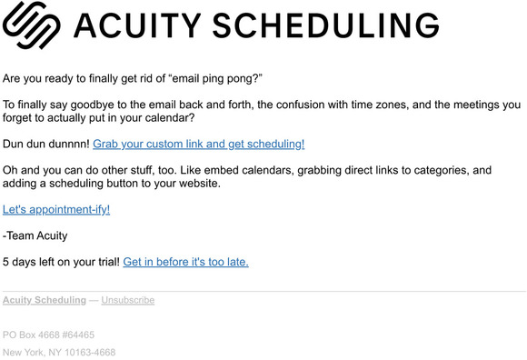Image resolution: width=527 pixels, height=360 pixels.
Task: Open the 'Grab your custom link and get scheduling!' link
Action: point(199,144)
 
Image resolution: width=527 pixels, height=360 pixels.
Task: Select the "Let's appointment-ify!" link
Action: point(56,209)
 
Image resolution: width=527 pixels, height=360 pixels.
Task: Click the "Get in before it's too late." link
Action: point(185,262)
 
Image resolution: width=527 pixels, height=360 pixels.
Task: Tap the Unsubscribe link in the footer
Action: point(128,300)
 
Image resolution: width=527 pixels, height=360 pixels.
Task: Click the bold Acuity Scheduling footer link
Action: point(45,300)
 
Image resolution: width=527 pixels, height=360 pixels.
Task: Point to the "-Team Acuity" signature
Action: point(35,235)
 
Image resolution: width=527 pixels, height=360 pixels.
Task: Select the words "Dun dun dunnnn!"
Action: point(45,144)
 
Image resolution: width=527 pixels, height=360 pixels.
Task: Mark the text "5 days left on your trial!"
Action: point(61,262)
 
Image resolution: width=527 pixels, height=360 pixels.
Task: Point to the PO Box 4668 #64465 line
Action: point(48,335)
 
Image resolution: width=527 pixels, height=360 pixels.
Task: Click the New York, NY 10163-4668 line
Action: point(59,352)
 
